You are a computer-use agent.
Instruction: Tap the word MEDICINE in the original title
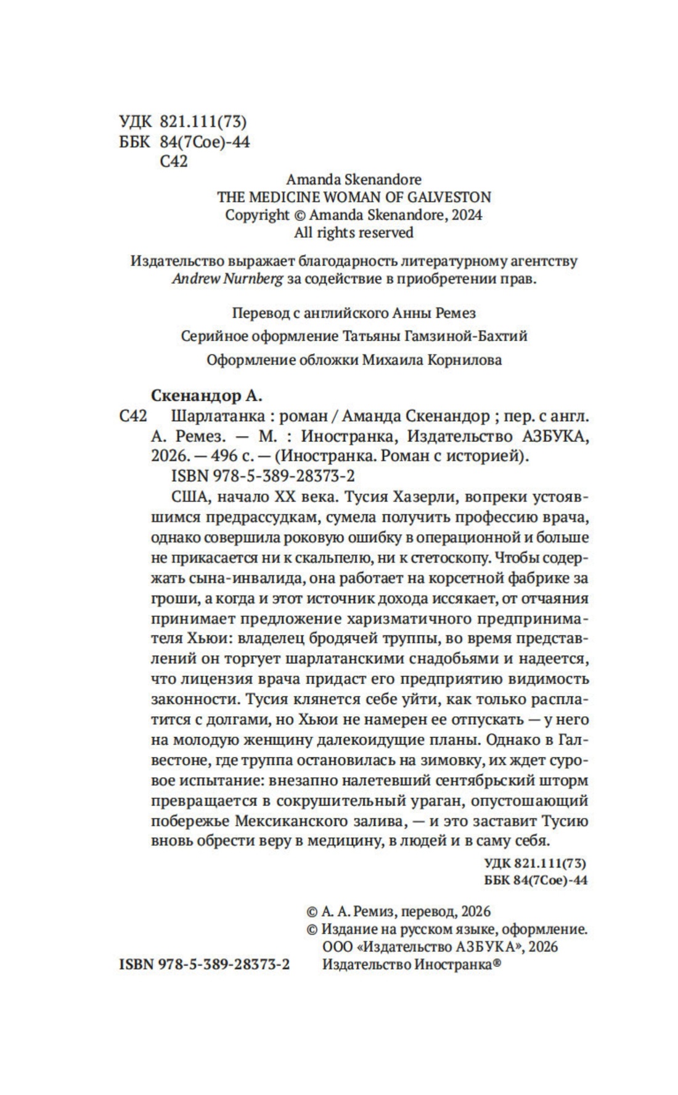286,197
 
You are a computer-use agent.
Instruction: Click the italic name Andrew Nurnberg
227,279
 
